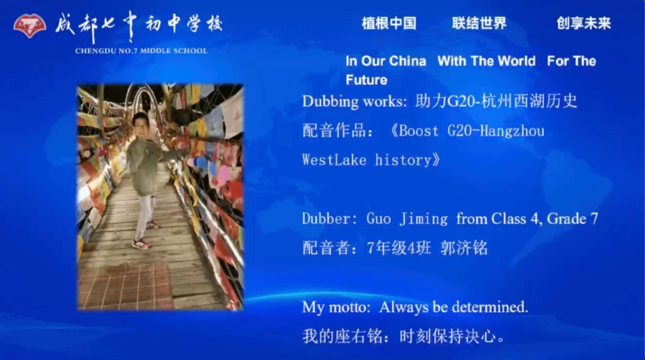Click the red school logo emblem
(x=30, y=26)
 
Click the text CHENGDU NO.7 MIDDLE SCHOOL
(x=142, y=51)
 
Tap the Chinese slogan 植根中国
(x=389, y=23)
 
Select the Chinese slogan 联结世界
(x=479, y=23)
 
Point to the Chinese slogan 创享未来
(x=583, y=23)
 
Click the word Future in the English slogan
(x=366, y=80)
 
